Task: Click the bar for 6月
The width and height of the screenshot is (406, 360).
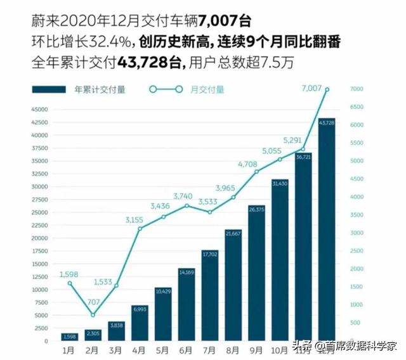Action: coord(187,304)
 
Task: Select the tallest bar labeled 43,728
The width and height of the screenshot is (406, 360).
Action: coord(327,228)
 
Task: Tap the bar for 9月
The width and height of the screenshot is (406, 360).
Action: coord(256,272)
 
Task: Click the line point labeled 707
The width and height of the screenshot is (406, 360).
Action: coord(93,315)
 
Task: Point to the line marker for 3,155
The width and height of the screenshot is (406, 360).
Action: coord(140,228)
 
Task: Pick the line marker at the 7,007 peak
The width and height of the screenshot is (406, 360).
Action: coord(327,89)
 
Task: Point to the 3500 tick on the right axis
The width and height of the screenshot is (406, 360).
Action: coord(357,215)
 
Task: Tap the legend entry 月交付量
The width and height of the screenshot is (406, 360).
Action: coord(207,89)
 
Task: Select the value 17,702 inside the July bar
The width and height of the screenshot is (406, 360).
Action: coord(210,254)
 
